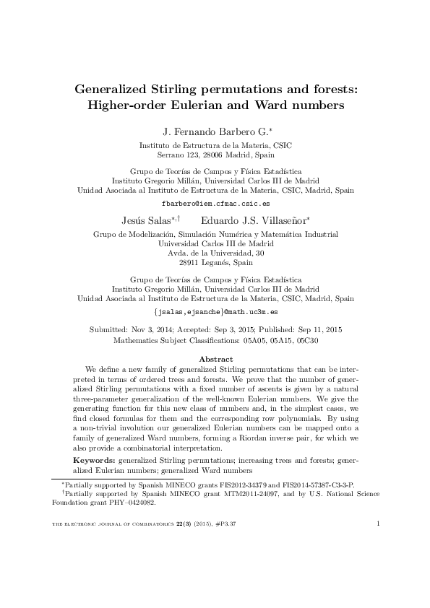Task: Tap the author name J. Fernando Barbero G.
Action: tap(213, 131)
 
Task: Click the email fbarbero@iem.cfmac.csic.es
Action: tap(215, 204)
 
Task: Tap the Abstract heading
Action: tap(215, 359)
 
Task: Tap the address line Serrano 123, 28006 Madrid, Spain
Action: tap(215, 155)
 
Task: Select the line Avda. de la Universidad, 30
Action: tap(215, 253)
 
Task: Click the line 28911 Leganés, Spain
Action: tap(215, 264)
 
